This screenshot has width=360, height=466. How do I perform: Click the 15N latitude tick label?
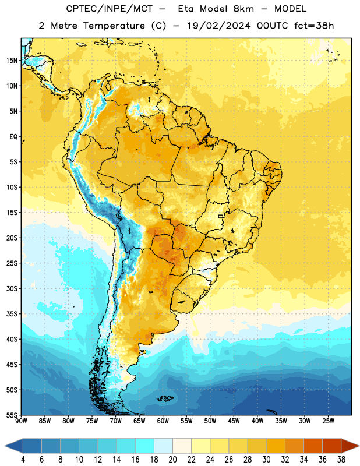[12, 61]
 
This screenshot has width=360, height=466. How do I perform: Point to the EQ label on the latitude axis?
[13, 137]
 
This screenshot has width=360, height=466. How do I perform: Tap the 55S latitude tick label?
[12, 415]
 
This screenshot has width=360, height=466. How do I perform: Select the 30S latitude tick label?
[12, 288]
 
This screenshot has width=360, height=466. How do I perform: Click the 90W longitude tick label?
[21, 421]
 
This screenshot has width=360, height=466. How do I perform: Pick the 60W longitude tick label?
[163, 421]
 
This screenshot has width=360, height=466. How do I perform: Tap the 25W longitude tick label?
[328, 421]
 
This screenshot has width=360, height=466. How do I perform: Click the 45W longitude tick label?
[234, 421]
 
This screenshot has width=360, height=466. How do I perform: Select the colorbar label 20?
[172, 460]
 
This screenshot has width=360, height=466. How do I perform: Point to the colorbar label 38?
[341, 460]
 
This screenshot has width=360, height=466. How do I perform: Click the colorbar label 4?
[23, 460]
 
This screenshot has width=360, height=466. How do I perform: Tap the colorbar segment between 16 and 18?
[145, 446]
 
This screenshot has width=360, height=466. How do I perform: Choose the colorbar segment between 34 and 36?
[313, 446]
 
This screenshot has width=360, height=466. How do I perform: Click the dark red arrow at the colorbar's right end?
[350, 446]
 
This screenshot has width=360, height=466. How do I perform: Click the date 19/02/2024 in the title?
[219, 26]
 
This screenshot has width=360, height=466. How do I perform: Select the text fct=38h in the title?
[314, 26]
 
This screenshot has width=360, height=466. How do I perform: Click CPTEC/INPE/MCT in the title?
[109, 9]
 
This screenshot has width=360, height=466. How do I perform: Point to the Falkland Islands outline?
[165, 398]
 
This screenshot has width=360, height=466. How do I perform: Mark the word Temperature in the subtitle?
[114, 26]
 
